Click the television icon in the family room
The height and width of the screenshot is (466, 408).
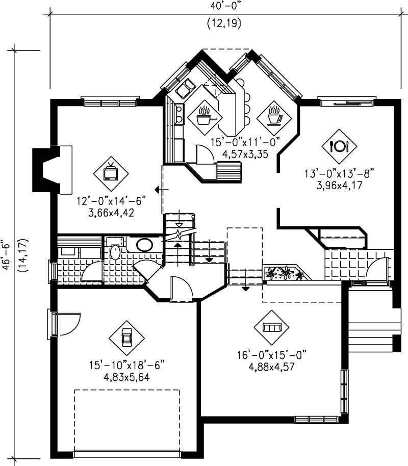(111, 173)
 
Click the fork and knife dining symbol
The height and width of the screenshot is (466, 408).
(339, 146)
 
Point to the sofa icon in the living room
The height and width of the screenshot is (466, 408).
(271, 327)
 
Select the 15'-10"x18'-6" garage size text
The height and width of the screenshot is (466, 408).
(126, 366)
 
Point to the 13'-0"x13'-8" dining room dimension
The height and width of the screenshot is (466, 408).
(339, 174)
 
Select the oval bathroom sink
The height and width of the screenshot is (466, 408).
(144, 244)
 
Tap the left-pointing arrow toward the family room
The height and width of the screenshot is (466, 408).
(159, 190)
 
